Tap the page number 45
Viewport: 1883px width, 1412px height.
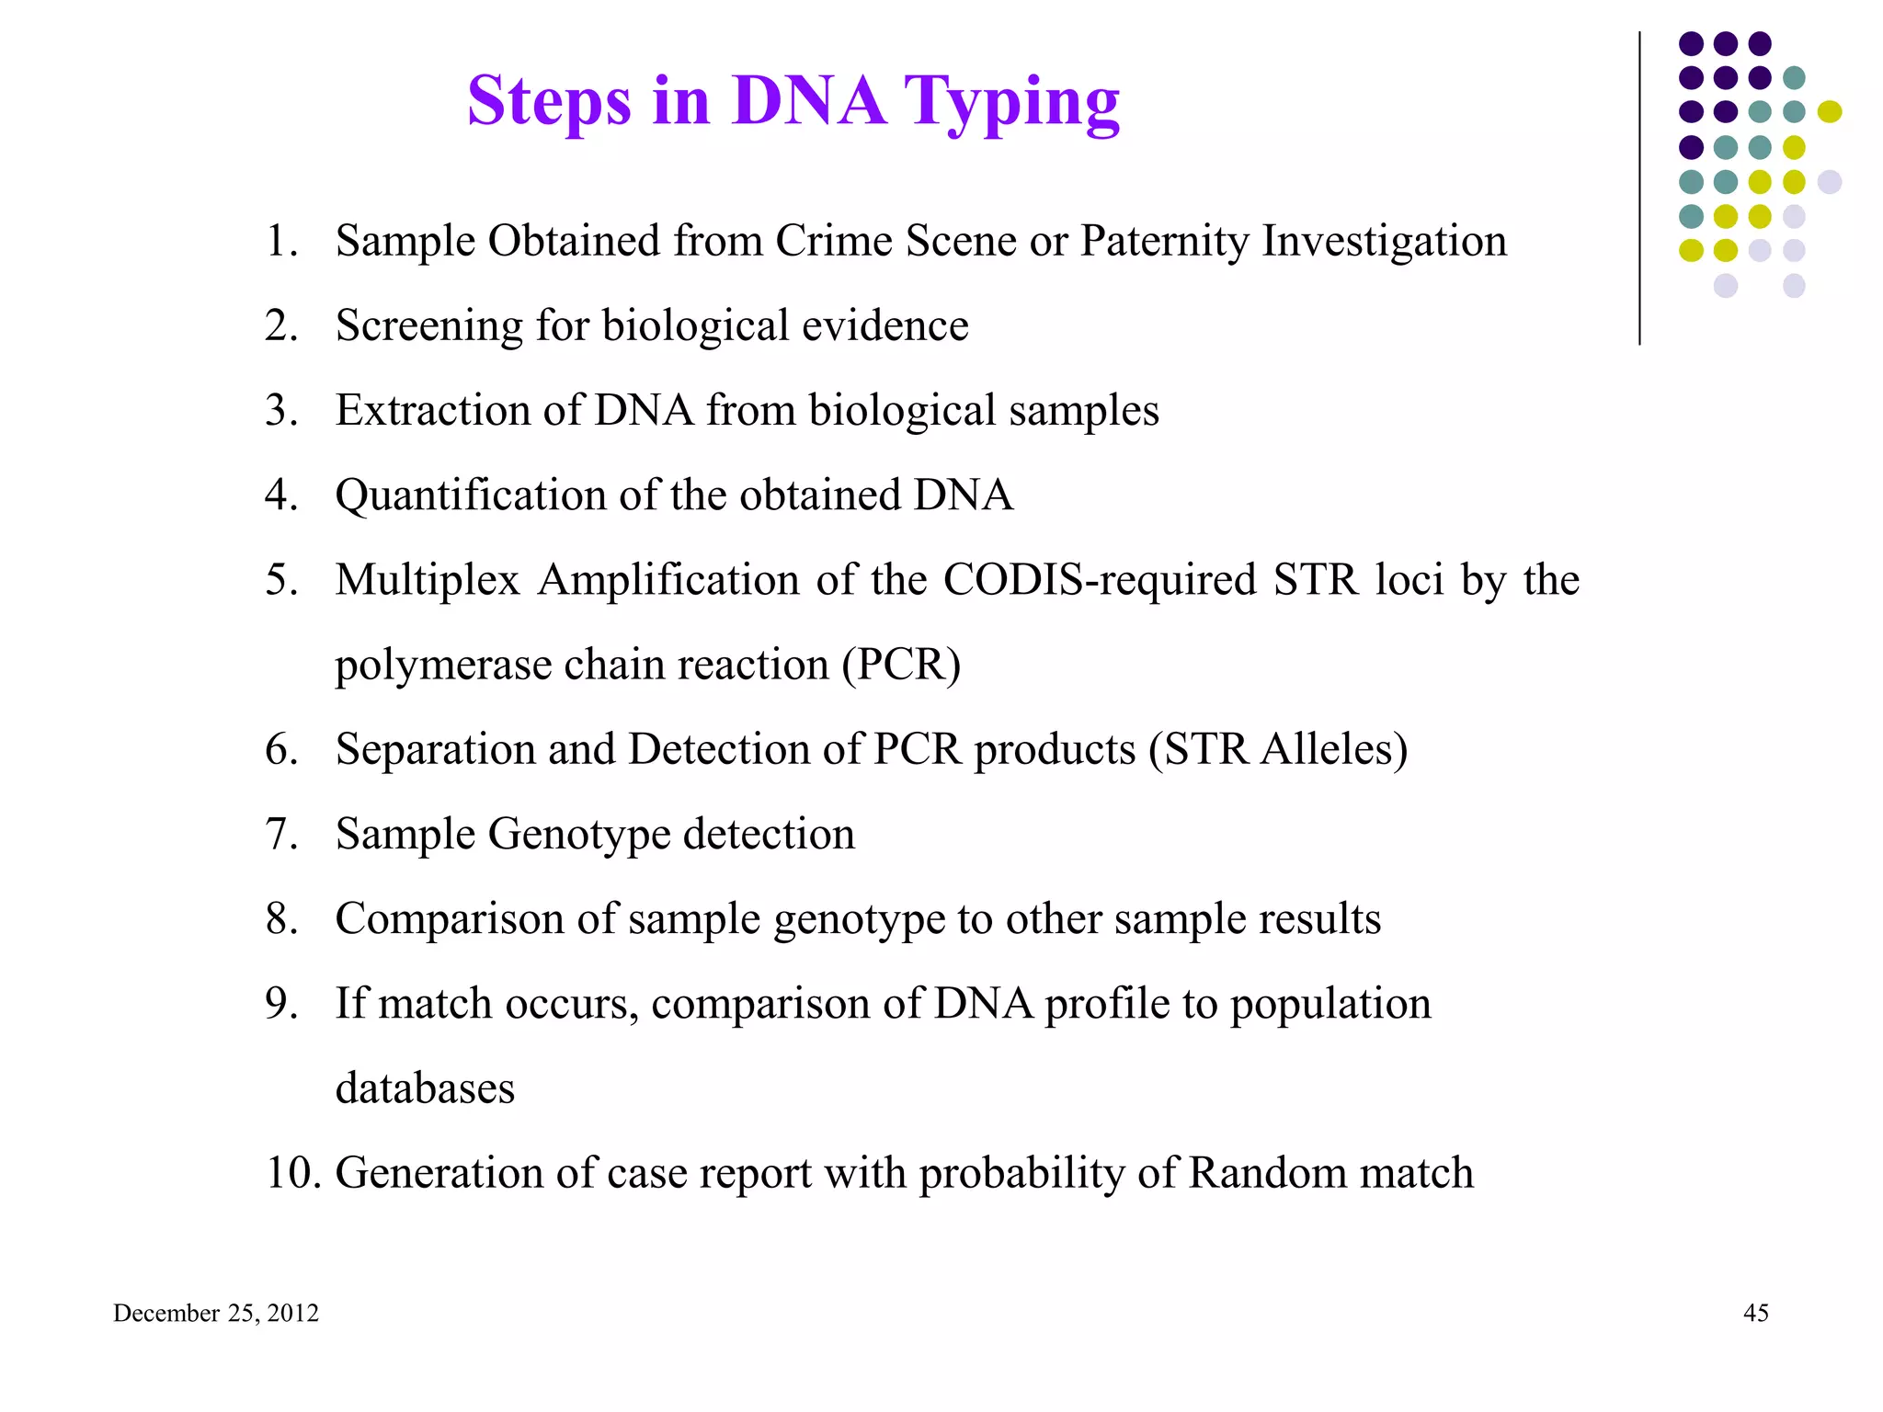tap(1755, 1313)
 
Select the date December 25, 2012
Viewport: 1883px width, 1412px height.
tap(216, 1313)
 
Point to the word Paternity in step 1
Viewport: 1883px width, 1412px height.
tap(1164, 242)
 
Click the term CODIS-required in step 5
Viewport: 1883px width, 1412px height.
tap(1100, 580)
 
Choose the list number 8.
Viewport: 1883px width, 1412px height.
tap(281, 918)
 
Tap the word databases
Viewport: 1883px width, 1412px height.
tap(425, 1088)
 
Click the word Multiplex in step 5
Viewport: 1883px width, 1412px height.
tap(428, 580)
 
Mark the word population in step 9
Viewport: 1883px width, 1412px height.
tap(1330, 1004)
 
